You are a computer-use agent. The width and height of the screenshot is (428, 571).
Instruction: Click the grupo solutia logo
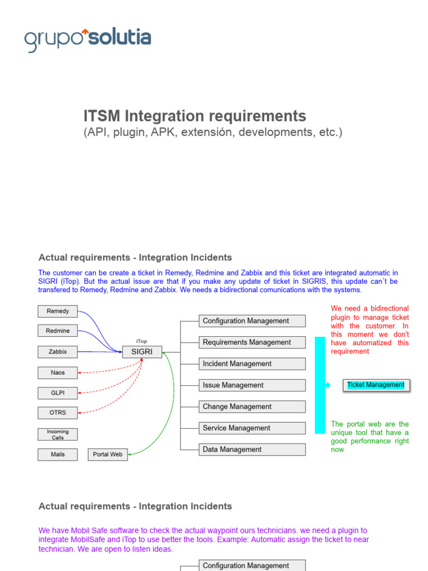[87, 39]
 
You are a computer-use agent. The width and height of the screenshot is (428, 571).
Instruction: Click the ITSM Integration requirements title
[194, 116]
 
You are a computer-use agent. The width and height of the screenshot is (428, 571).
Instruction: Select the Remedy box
[57, 311]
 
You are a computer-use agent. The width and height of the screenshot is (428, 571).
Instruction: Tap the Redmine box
[57, 331]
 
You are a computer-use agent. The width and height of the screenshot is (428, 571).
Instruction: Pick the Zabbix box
[57, 352]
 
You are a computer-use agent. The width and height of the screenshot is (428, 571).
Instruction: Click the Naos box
[57, 372]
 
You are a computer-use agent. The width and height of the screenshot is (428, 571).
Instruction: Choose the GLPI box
[57, 393]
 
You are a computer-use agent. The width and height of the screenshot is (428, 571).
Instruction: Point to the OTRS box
[57, 413]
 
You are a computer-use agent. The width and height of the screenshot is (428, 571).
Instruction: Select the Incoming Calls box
[57, 434]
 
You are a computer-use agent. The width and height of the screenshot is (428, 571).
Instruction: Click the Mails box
[57, 454]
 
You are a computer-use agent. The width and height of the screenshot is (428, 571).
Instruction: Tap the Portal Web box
[108, 454]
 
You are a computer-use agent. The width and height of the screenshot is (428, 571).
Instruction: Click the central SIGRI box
[142, 352]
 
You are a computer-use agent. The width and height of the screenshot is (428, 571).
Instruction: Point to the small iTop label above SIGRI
[142, 341]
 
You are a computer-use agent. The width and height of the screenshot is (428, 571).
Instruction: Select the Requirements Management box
[252, 342]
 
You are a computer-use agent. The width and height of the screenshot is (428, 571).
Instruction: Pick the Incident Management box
[252, 364]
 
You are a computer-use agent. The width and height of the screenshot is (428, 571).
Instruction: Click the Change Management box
[252, 407]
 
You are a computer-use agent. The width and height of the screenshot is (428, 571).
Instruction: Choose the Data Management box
[252, 449]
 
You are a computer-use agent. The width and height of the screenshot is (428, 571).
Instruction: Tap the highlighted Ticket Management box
[376, 385]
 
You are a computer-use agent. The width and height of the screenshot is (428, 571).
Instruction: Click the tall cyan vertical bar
[320, 385]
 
